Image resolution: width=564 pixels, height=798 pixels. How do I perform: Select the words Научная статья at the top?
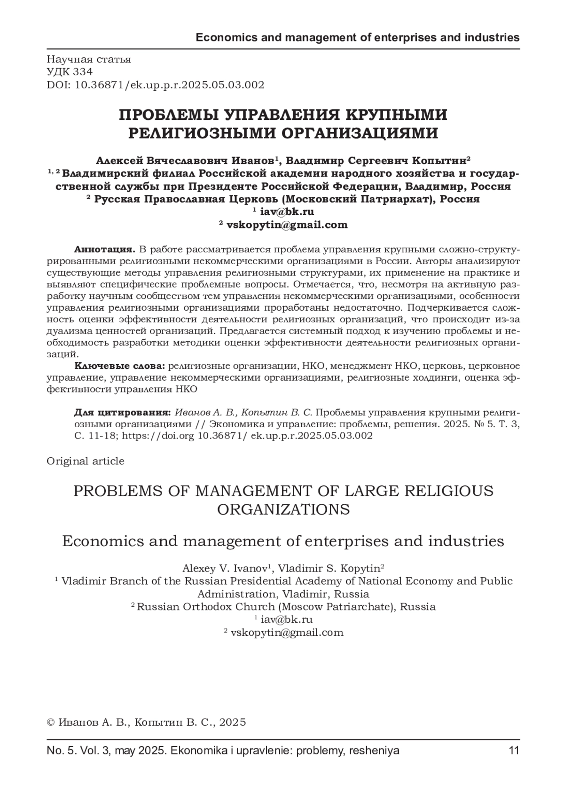click(89, 59)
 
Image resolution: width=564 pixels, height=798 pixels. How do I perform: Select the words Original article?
click(85, 461)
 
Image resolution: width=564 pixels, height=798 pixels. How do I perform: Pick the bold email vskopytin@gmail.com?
click(287, 225)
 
